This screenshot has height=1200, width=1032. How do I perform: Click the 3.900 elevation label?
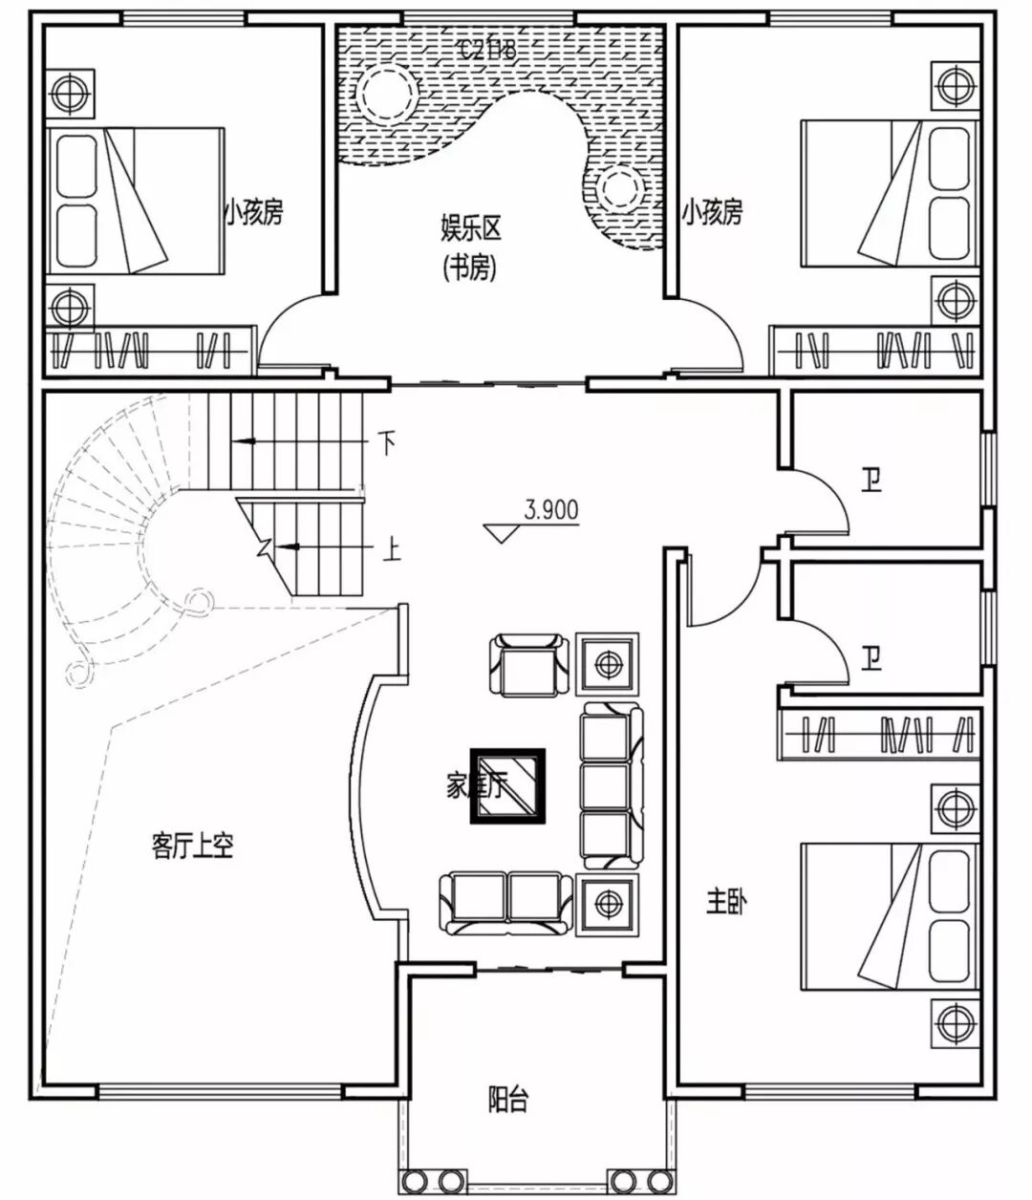(550, 510)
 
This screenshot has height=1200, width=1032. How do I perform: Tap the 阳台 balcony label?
(507, 1099)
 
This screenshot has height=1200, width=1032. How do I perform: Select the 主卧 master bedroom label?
(726, 901)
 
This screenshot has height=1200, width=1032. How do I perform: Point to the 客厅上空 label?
(192, 846)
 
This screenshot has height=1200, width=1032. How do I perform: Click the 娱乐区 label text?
(470, 229)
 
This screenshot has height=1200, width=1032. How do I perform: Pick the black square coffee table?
(506, 785)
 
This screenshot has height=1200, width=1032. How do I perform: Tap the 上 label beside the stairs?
(391, 549)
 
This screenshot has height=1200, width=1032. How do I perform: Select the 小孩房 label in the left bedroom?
(254, 211)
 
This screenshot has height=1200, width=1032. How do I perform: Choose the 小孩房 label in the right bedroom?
(712, 211)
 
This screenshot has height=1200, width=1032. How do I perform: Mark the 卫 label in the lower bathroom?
(871, 658)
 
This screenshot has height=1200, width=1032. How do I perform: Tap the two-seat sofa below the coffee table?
(505, 902)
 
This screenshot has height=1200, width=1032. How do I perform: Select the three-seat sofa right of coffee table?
(607, 785)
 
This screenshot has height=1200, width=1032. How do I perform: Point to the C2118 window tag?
(488, 50)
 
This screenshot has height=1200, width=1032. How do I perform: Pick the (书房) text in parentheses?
(470, 269)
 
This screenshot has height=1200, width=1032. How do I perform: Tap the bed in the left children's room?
(134, 199)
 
